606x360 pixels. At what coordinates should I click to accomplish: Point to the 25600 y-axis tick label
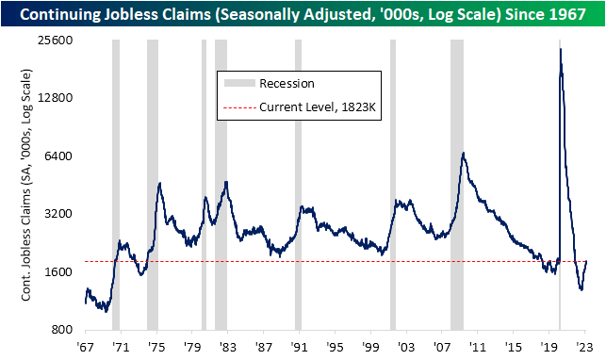[x=58, y=40]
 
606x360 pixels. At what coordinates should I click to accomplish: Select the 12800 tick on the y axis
[x=58, y=98]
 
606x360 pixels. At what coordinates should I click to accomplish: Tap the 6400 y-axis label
[x=61, y=156]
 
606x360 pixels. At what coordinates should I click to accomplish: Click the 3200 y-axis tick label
[x=61, y=214]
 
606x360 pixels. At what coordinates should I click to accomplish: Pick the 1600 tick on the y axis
[x=61, y=272]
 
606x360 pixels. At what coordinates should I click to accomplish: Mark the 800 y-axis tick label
[x=64, y=330]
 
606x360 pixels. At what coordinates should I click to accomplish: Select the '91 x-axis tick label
[x=298, y=347]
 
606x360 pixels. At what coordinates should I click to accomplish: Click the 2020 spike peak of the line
[x=561, y=49]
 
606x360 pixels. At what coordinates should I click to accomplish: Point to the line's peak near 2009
[x=463, y=153]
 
